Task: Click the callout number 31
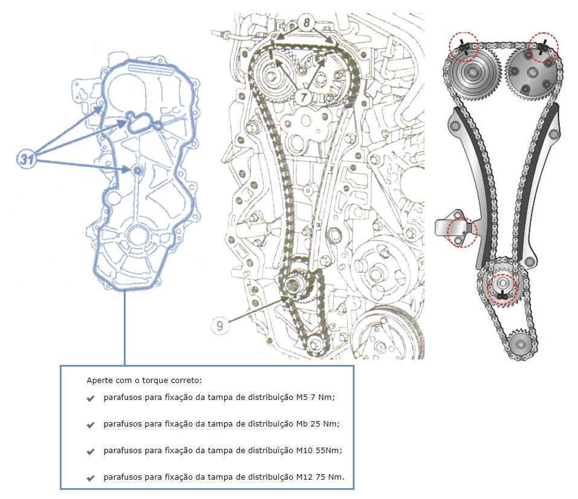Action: click(x=25, y=159)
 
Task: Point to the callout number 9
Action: click(x=220, y=326)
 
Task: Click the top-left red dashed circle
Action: click(x=463, y=47)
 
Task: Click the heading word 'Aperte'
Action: click(x=98, y=381)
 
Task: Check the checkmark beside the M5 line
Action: click(x=91, y=398)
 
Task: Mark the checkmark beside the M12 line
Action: click(x=91, y=478)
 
